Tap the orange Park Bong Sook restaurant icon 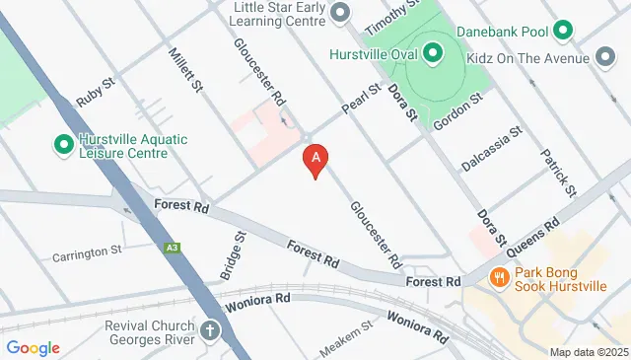[x=500, y=278]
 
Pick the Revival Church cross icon [x=209, y=329]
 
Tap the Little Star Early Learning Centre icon [x=340, y=13]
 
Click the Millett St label [x=184, y=70]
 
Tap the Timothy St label [x=386, y=16]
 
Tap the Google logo [x=34, y=347]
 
